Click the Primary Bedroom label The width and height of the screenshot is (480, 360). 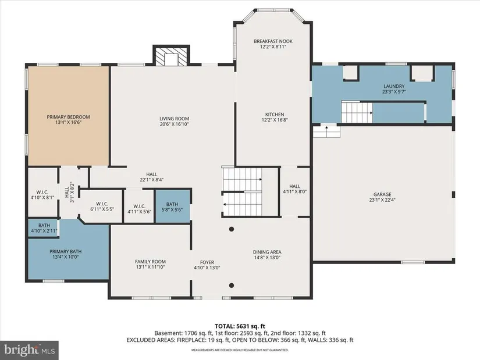68,117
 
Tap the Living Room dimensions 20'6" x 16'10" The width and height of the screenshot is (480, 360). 174,124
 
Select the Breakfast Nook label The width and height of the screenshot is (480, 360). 273,41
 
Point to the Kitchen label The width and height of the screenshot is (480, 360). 275,114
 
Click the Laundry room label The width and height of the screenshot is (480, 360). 394,86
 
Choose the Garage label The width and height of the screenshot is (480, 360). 382,194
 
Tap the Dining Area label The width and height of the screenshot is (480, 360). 267,252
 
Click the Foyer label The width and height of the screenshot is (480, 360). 207,262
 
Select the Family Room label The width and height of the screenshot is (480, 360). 150,262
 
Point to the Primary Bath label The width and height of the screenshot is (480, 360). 66,252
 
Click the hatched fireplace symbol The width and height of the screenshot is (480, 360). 171,56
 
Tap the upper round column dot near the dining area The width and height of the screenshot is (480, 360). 232,229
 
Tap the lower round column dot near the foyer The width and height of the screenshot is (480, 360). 232,286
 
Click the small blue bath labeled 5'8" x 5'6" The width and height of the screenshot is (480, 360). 173,206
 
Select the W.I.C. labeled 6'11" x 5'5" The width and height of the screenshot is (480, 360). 102,206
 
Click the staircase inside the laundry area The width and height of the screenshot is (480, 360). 357,112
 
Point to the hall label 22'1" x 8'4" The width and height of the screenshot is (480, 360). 152,177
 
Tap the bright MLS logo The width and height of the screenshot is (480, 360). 29,350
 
